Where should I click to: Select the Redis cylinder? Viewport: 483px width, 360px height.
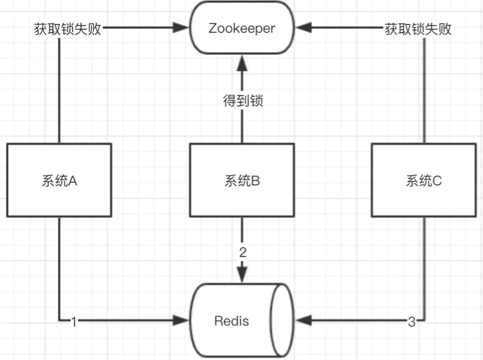242,321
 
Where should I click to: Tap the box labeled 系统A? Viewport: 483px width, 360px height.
59,180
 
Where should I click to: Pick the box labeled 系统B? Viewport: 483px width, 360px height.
242,180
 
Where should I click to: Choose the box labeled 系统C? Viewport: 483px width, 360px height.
424,180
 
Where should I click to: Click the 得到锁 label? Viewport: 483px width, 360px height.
242,101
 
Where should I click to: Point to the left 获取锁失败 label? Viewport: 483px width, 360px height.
65,29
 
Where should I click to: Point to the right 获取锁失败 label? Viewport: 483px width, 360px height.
418,29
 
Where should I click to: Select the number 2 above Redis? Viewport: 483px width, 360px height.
242,253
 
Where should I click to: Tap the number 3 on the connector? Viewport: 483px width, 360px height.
411,322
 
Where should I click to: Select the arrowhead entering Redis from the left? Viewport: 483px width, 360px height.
182,321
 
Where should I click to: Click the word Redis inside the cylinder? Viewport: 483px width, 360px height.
232,321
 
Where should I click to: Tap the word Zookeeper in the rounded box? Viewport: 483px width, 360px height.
242,29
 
